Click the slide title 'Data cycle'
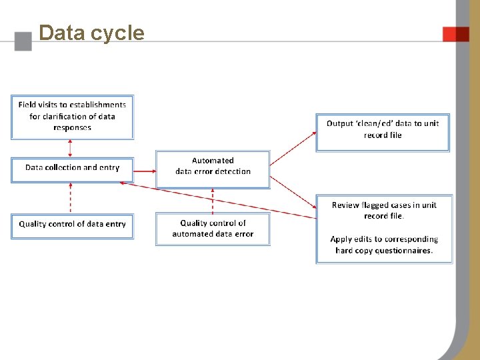point(91,33)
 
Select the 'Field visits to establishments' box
point(72,117)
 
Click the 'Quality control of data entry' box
point(72,225)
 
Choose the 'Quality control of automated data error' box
point(213,229)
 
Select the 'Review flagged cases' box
point(383,228)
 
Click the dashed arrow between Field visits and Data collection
point(71,148)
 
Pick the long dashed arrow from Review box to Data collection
point(220,199)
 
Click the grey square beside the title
point(23,41)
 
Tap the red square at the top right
point(456,34)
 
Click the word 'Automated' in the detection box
point(213,161)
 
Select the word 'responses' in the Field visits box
point(72,127)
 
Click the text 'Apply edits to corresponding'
point(384,239)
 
